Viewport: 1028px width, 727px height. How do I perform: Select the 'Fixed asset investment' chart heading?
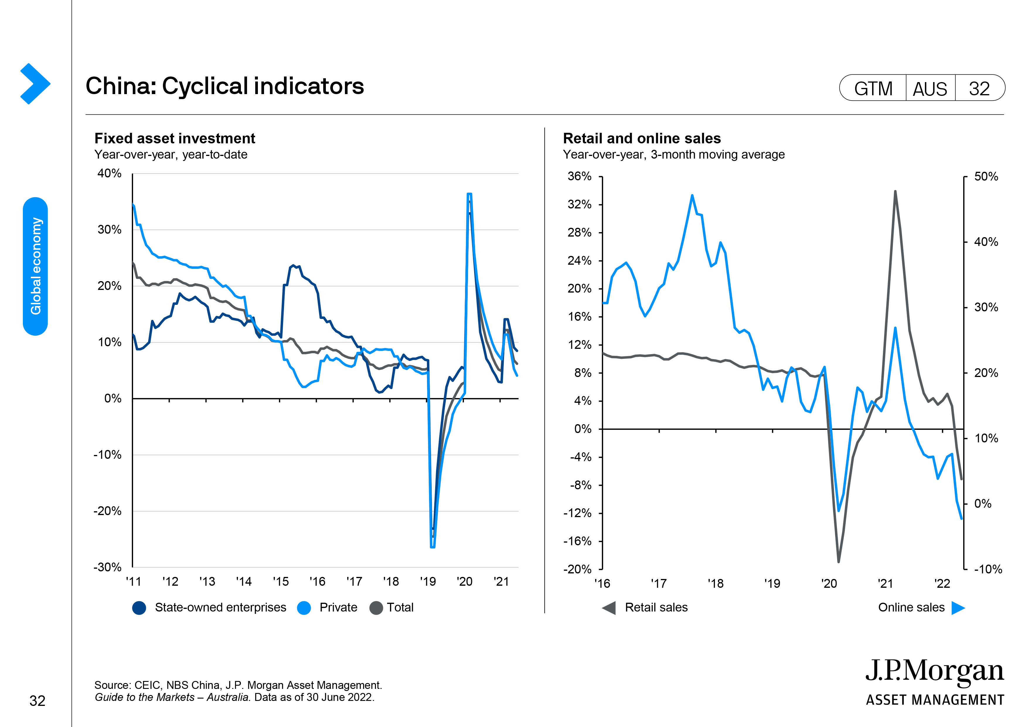coord(175,138)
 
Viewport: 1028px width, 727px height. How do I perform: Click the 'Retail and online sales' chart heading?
coord(641,138)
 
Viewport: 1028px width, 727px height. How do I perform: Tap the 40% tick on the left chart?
coord(109,173)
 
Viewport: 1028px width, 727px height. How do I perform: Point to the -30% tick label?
coord(108,567)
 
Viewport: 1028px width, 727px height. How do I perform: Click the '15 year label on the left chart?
coord(281,581)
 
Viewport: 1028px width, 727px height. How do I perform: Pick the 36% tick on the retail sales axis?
coord(579,176)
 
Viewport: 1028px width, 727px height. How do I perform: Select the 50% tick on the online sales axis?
coord(986,176)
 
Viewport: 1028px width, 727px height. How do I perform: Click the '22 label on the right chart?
coord(942,583)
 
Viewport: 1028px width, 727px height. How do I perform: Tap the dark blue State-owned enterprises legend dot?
coord(139,608)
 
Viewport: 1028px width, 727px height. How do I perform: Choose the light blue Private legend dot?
coord(304,608)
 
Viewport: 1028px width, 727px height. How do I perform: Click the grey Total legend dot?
coord(376,608)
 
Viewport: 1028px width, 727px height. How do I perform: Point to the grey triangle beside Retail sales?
coord(609,608)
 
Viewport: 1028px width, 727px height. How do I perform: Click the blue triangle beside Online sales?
coord(958,608)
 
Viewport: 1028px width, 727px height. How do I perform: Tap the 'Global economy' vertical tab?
coord(35,266)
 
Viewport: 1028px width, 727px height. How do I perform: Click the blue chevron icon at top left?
coord(35,84)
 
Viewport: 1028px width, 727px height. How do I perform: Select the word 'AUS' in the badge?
coord(930,89)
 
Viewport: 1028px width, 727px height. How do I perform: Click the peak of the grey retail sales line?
coord(895,191)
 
